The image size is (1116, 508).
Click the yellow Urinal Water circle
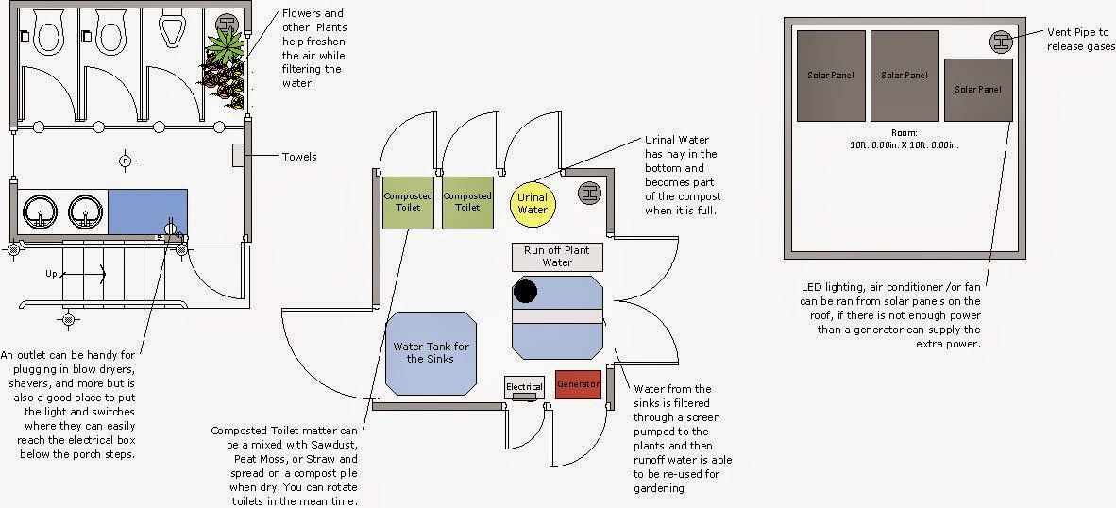pos(533,203)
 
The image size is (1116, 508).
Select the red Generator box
pos(578,384)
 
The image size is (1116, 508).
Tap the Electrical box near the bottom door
pos(524,387)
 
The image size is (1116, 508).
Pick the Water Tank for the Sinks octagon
pos(431,353)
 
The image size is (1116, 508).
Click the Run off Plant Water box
pos(557,256)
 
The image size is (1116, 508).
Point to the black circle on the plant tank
pos(525,292)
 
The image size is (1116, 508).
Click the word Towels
pos(299,157)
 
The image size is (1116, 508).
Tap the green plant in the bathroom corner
pos(226,44)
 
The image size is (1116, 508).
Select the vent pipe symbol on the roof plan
pos(1001,42)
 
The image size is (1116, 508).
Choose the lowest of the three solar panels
pos(978,89)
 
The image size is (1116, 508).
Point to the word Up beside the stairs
pos(52,274)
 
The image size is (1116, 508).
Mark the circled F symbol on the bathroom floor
pos(124,161)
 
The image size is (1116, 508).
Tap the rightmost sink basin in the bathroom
pos(86,212)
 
